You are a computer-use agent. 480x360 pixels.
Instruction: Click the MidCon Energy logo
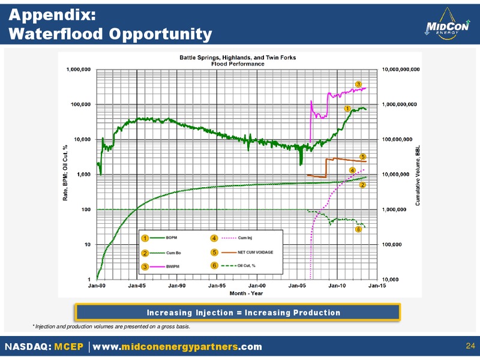pos(447,24)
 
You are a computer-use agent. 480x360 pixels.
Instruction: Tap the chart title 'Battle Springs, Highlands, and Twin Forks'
pos(238,58)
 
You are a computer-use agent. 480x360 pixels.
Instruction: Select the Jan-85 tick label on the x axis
pos(137,286)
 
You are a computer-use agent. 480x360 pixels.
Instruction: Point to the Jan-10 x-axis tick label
pos(337,286)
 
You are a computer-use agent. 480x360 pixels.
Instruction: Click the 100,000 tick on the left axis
pos(81,104)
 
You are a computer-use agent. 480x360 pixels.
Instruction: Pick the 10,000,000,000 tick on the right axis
pos(401,70)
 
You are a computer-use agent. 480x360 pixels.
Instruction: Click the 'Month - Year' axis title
pos(246,293)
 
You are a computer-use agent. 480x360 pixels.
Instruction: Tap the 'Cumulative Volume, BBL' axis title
pos(418,175)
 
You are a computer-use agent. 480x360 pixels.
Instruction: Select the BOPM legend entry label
pos(172,238)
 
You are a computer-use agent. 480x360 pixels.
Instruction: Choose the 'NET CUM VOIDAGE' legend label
pos(256,252)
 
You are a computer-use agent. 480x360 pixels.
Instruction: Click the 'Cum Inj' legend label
pos(245,238)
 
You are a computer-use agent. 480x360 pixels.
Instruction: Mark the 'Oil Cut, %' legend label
pos(247,265)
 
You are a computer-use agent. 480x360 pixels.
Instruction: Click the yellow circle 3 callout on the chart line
pos(358,84)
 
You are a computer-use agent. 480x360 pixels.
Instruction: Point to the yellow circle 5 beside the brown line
pos(363,157)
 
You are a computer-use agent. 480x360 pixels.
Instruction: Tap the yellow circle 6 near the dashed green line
pos(358,229)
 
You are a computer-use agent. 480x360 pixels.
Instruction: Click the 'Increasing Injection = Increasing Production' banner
pos(238,313)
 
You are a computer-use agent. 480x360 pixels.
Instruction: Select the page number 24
pos(470,346)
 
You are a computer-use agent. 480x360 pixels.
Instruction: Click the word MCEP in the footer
pos(68,347)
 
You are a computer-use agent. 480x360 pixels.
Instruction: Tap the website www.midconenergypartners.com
pos(177,347)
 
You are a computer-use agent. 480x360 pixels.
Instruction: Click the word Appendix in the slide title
pos(52,16)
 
